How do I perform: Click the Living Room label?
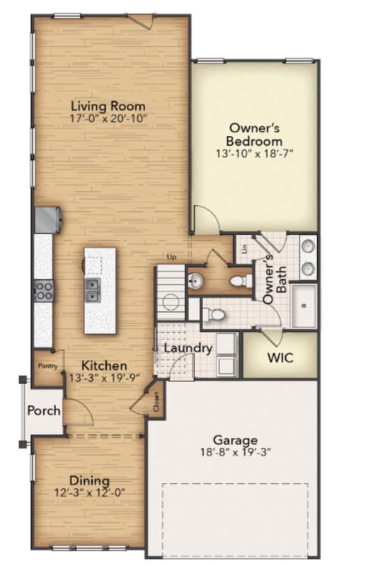click(108, 106)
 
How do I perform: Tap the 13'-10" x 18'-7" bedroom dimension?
click(254, 154)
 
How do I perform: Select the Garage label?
click(236, 440)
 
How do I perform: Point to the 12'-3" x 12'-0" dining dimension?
click(90, 492)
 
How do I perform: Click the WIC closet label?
click(280, 358)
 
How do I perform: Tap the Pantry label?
click(48, 366)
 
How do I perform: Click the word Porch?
click(44, 410)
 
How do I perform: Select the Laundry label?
click(188, 348)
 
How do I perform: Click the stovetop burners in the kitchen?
click(44, 291)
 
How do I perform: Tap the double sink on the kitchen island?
click(93, 290)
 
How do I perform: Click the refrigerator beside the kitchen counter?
click(47, 220)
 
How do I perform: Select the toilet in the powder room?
click(241, 280)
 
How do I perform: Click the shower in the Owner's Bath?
click(304, 306)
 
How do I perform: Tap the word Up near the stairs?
click(171, 258)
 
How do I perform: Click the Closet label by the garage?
click(156, 401)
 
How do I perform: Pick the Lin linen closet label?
click(245, 248)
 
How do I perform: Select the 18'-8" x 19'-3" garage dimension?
click(236, 452)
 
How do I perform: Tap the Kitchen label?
click(104, 366)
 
